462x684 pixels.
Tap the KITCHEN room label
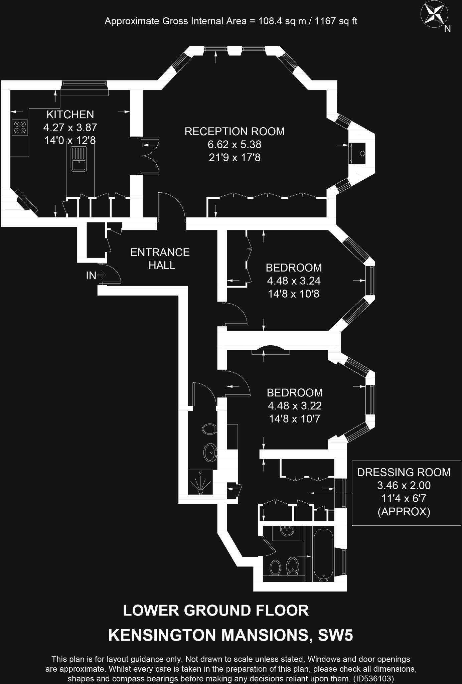pyautogui.click(x=70, y=115)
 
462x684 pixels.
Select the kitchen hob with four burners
pyautogui.click(x=20, y=127)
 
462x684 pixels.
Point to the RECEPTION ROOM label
pyautogui.click(x=235, y=131)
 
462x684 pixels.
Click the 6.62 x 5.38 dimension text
pyautogui.click(x=235, y=145)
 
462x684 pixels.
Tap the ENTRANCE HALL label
pyautogui.click(x=160, y=259)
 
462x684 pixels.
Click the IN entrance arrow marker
pyautogui.click(x=96, y=276)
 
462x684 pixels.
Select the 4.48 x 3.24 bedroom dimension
pyautogui.click(x=294, y=281)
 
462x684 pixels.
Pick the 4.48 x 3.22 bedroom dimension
pyautogui.click(x=295, y=406)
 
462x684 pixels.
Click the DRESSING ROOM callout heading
pyautogui.click(x=404, y=472)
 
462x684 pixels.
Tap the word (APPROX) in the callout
pyautogui.click(x=404, y=512)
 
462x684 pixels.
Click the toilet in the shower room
pyautogui.click(x=209, y=429)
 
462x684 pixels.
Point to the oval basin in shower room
pyautogui.click(x=210, y=452)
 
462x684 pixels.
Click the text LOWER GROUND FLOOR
pyautogui.click(x=216, y=611)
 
